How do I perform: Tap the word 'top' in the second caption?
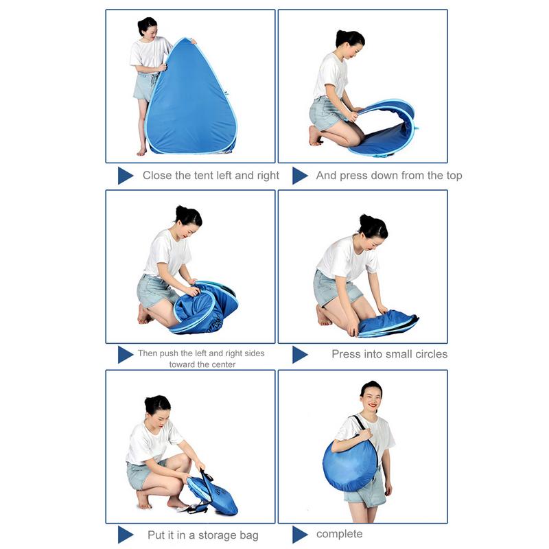[x=454, y=176]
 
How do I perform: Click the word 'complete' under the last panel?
[x=339, y=534]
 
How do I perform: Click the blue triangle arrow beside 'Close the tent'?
[x=126, y=176]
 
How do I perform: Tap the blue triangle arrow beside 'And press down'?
[x=300, y=176]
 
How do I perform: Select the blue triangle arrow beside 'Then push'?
[x=126, y=355]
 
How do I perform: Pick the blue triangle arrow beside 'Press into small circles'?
[x=300, y=355]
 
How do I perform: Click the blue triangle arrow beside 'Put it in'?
[x=126, y=535]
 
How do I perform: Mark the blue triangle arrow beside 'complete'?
[x=300, y=535]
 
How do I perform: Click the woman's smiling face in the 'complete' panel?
[x=372, y=399]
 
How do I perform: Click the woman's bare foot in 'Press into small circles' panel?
[x=323, y=316]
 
